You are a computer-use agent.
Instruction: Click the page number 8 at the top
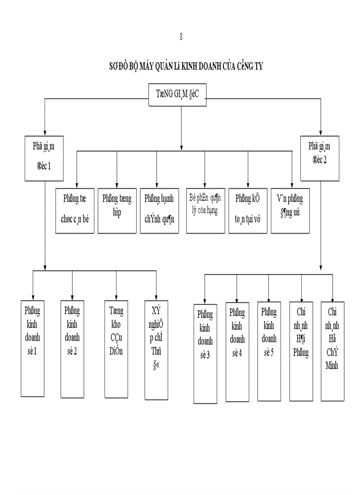pos(181,37)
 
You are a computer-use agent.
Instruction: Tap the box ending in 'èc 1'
pos(43,158)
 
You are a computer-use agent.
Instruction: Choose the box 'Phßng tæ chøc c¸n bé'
pos(75,211)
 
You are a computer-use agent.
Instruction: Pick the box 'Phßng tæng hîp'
pos(117,211)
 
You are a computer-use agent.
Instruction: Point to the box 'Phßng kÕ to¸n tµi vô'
pos(247,211)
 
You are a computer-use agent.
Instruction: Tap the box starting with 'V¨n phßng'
pos(290,211)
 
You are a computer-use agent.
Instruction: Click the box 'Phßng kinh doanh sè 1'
pos(33,348)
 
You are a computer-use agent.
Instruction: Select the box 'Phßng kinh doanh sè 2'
pos(72,348)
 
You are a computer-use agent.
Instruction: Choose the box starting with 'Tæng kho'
pos(116,348)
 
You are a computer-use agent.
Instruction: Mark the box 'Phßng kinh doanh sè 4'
pos(237,352)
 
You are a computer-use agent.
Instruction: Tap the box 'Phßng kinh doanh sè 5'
pos(269,352)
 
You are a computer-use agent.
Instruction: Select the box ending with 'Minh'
pos(332,351)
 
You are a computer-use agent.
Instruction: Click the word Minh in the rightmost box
pos(332,365)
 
